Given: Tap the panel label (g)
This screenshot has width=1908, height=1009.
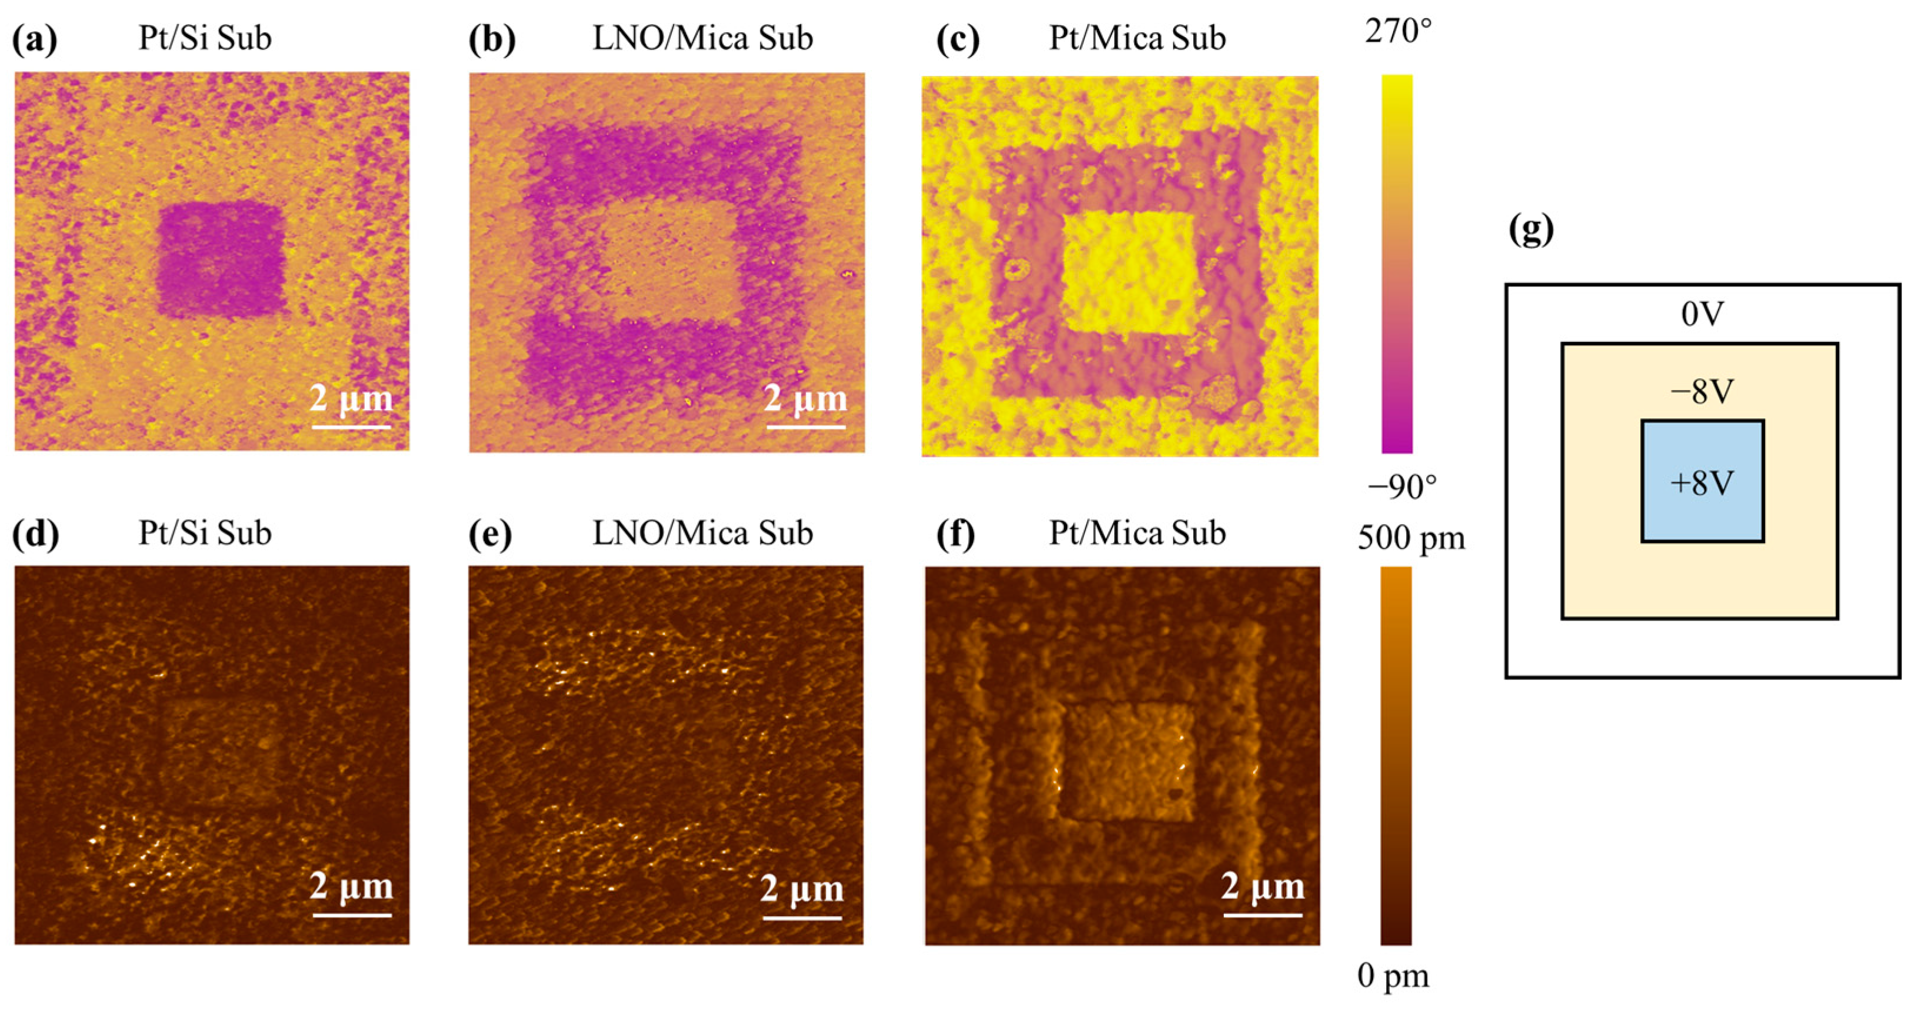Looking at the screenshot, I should (x=1531, y=231).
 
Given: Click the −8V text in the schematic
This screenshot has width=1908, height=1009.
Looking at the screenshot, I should (x=1702, y=392).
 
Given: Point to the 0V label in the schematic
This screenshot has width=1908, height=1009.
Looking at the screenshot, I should (x=1702, y=315).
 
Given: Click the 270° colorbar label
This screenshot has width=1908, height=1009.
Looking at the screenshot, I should (x=1399, y=32).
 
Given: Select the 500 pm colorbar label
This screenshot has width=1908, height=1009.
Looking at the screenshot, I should (x=1411, y=538).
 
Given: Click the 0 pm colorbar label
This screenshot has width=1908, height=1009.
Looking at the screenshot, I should (x=1393, y=977).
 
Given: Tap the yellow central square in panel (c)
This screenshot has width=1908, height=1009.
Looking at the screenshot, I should (x=1130, y=272).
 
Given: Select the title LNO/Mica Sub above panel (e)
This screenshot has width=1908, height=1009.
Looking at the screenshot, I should (x=702, y=534).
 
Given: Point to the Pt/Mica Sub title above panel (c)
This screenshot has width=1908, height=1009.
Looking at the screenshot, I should (x=1137, y=38).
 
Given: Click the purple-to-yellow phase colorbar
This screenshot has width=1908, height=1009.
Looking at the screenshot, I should (x=1397, y=264).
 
